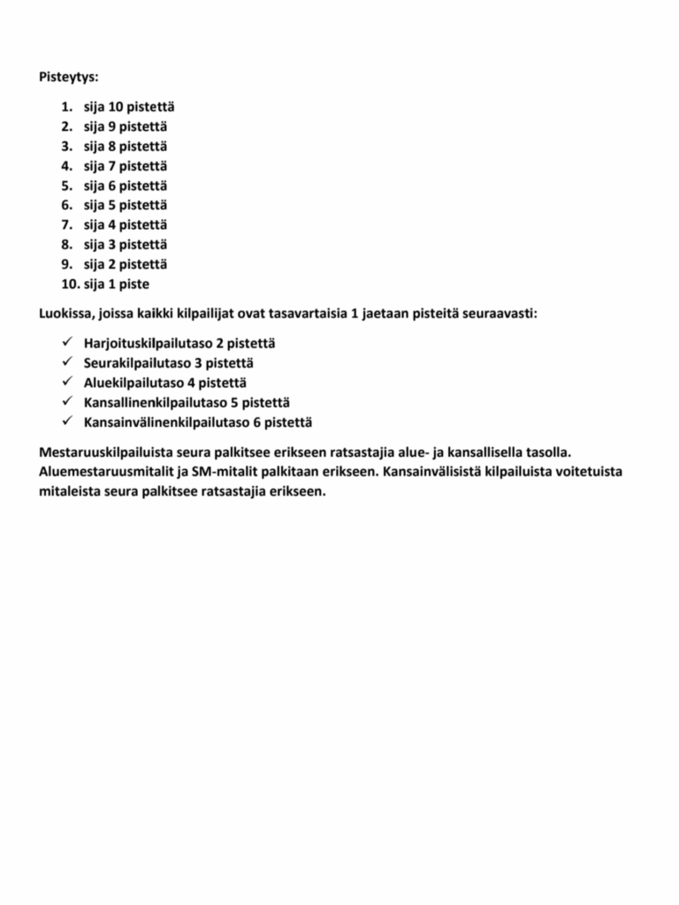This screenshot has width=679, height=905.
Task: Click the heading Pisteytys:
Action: pos(69,77)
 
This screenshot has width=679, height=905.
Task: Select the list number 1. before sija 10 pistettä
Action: pos(66,107)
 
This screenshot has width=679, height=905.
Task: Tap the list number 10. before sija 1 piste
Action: pos(69,285)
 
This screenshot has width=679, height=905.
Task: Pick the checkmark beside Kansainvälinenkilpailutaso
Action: pos(68,422)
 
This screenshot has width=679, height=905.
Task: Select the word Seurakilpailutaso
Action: pos(135,362)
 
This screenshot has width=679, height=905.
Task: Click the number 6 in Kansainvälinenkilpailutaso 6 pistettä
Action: pos(256,422)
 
